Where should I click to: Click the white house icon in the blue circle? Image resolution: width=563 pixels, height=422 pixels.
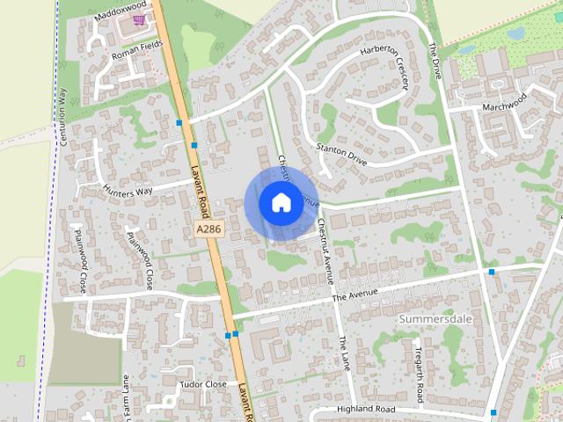click(280, 202)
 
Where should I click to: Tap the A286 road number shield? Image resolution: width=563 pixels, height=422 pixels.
click(208, 229)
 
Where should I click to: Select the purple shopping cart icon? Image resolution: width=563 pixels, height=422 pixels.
click(138, 18)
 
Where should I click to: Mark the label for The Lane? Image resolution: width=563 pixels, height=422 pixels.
click(344, 352)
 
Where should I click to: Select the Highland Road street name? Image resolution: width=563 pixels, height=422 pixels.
click(366, 410)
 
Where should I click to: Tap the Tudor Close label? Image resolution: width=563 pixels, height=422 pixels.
click(203, 384)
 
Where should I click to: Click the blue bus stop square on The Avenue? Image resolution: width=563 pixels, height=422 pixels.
click(491, 272)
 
